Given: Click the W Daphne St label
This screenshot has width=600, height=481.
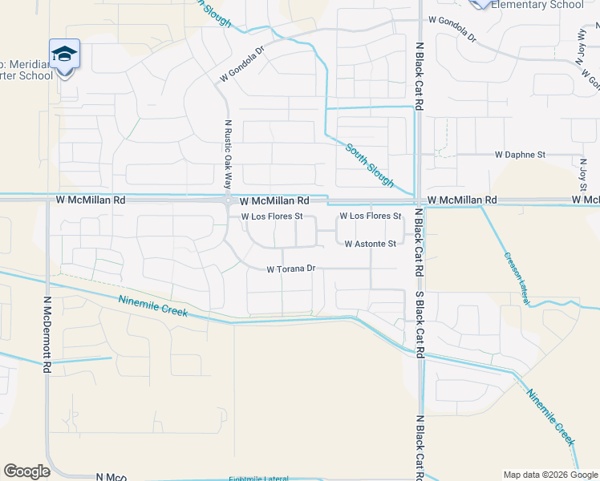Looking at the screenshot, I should [x=520, y=154].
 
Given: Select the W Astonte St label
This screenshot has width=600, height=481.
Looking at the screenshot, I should [x=370, y=244].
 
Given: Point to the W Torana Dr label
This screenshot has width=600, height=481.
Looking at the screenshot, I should [x=292, y=269].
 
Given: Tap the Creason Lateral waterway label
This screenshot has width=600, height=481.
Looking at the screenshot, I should [x=517, y=277].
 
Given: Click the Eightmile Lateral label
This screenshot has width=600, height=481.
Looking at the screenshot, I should [x=257, y=479].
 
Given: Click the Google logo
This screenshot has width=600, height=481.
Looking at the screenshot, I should [x=26, y=471].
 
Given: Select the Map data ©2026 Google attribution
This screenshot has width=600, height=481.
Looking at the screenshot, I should [x=549, y=474].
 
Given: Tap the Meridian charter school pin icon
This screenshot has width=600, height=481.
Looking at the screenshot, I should [x=64, y=55].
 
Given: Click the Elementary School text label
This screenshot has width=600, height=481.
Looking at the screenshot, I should [x=537, y=5].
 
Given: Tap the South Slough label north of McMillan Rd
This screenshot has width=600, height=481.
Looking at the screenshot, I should [x=370, y=165].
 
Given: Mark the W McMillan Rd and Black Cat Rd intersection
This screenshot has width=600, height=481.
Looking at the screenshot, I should [x=418, y=200].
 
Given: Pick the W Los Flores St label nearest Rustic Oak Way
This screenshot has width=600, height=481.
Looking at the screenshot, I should [x=272, y=216].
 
